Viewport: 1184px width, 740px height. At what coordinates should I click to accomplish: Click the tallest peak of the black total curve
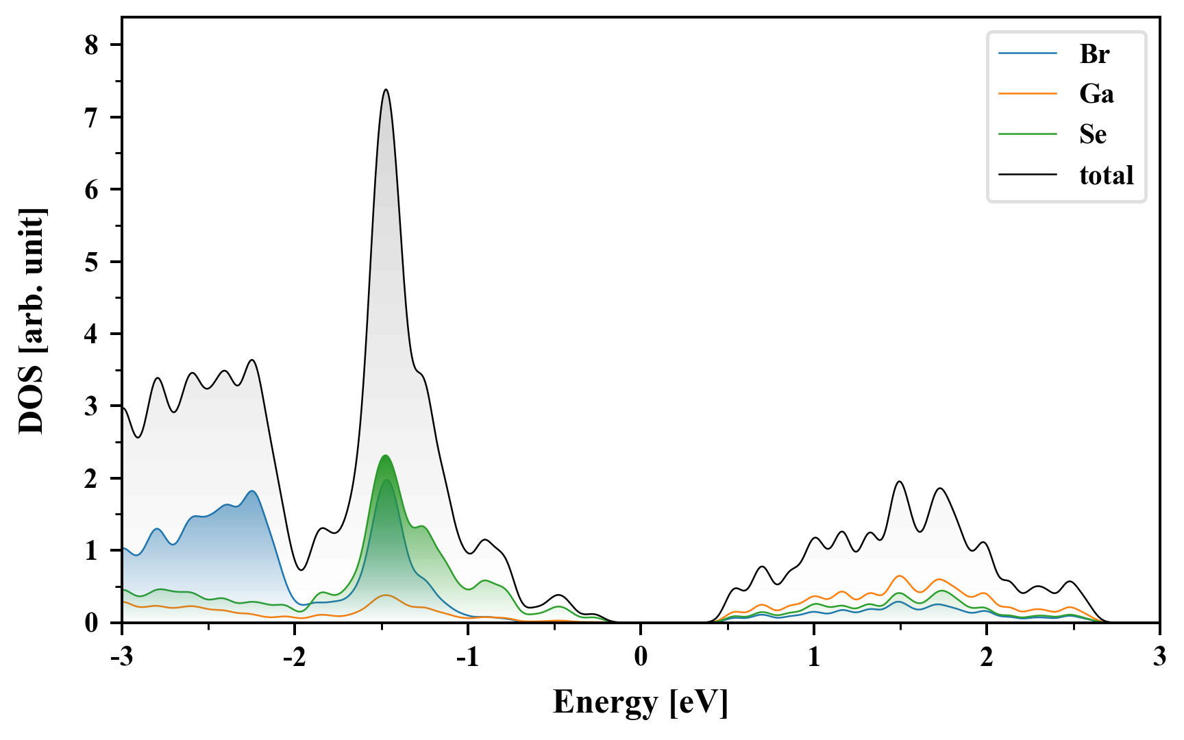tap(386, 90)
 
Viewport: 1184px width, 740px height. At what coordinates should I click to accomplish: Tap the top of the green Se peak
tap(386, 456)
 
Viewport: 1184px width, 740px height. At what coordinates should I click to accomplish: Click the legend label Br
tap(1094, 54)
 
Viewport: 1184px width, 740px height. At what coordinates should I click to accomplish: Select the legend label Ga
tap(1096, 94)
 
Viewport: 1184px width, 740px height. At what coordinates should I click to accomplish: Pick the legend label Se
tap(1093, 134)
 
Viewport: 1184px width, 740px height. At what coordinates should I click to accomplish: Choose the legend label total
tap(1107, 175)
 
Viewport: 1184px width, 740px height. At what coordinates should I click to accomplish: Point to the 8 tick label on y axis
tap(92, 45)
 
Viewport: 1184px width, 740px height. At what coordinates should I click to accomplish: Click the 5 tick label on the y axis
tap(92, 262)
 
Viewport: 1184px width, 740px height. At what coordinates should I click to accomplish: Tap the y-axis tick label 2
tap(92, 478)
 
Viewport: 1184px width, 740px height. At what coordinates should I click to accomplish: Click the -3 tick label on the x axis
tap(122, 657)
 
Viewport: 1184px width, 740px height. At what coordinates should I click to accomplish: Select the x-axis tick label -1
tap(467, 657)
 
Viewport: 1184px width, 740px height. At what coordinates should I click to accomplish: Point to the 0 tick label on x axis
tap(641, 657)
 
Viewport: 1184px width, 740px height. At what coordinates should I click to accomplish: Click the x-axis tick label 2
tap(987, 657)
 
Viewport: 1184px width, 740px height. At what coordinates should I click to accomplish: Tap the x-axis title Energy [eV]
tap(641, 702)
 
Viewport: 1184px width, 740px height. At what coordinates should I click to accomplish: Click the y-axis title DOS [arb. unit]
tap(32, 321)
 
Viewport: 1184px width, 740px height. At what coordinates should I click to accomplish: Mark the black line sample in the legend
tap(1027, 175)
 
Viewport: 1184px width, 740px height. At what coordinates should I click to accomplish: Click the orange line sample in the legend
tap(1027, 93)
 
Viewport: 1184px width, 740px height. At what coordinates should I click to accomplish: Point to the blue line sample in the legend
tap(1027, 53)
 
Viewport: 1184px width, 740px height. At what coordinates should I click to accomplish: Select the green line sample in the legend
tap(1027, 134)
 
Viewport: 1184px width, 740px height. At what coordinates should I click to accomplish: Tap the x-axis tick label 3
tap(1159, 657)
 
